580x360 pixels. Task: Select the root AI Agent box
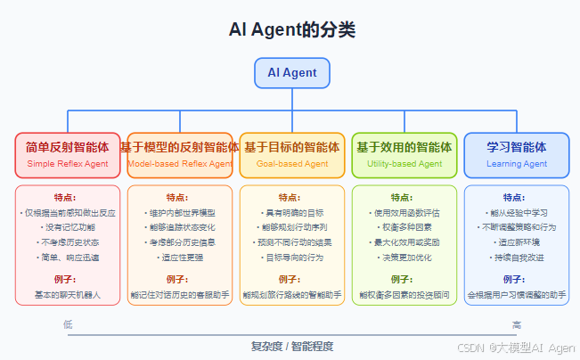(292, 73)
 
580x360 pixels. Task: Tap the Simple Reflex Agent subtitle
(68, 164)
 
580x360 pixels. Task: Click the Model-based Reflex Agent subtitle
(180, 164)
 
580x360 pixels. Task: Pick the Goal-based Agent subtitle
(292, 164)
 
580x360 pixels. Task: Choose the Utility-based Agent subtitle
(404, 164)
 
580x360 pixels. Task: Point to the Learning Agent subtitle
(517, 164)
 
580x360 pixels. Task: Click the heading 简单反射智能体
(68, 147)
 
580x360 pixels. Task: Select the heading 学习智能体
(517, 147)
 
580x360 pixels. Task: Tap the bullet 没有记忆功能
(68, 227)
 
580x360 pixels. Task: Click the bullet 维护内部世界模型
(180, 213)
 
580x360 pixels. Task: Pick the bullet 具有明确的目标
(292, 213)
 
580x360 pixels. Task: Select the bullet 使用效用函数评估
(404, 213)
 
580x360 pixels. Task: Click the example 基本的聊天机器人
(68, 293)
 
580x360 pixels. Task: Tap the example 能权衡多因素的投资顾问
(404, 293)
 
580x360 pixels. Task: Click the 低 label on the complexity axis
(68, 324)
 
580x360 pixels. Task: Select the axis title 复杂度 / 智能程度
(292, 346)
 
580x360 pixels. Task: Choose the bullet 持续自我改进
(517, 257)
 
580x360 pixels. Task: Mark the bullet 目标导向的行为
(292, 257)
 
